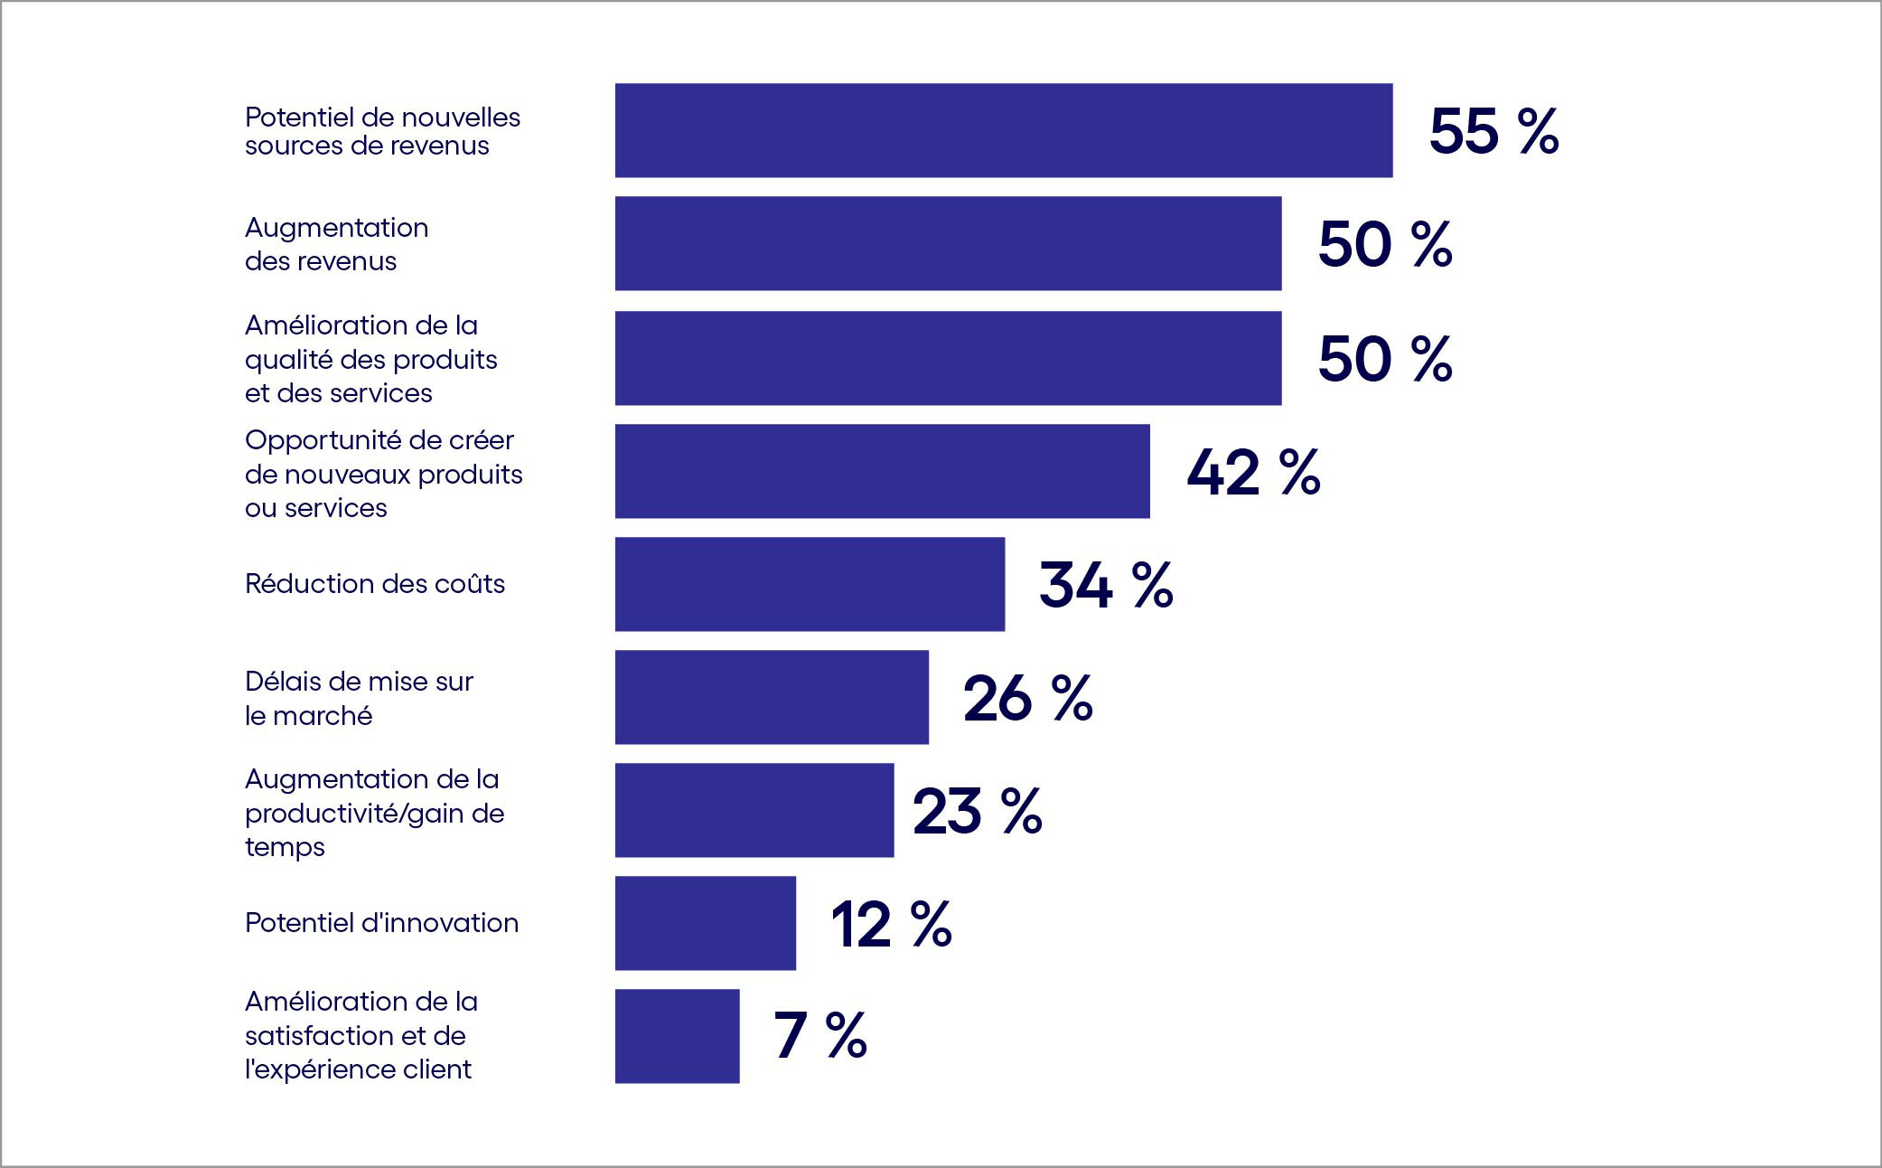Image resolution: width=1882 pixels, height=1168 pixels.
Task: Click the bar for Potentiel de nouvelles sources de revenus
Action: (1003, 130)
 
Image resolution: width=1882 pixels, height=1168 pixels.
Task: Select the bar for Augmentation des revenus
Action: (948, 243)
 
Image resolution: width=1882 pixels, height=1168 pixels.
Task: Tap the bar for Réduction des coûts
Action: (810, 584)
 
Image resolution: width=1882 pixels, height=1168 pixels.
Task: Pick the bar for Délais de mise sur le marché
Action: (772, 697)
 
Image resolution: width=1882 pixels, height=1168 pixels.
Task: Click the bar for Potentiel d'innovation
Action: (705, 923)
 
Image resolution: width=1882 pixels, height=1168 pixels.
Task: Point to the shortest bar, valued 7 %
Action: (677, 1036)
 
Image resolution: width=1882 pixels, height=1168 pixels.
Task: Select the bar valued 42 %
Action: (882, 471)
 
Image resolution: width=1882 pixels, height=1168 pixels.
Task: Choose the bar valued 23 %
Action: (754, 810)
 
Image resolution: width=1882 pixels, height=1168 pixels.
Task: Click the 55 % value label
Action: (1493, 132)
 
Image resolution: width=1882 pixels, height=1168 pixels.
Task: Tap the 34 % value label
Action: (1106, 585)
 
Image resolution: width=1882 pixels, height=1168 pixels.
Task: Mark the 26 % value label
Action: (1028, 698)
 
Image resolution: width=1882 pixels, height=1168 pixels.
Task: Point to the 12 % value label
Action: (891, 924)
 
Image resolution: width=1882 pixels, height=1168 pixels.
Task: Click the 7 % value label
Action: (820, 1036)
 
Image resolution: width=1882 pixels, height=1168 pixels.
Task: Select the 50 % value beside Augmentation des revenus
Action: (1385, 245)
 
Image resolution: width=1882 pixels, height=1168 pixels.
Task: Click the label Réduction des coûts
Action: (375, 584)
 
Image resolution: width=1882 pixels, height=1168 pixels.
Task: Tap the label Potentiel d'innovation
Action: (381, 923)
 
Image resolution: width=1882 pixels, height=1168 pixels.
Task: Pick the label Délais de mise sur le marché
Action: (359, 698)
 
